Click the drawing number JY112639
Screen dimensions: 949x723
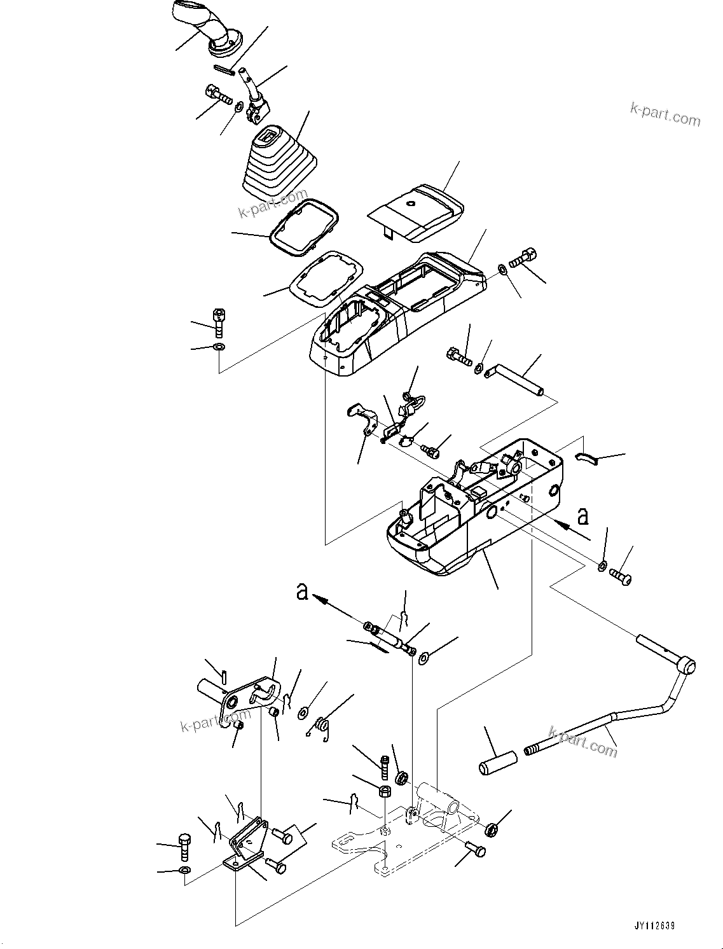pos(653,926)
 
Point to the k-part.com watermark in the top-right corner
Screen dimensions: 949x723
pos(664,114)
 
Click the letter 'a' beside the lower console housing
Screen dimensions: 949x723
pos(582,516)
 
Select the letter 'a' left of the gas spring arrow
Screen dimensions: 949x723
pos(303,592)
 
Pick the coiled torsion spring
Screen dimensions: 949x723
pos(323,727)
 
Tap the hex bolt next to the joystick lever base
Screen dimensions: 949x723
pos(219,97)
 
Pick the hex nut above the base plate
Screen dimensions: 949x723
pos(385,791)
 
